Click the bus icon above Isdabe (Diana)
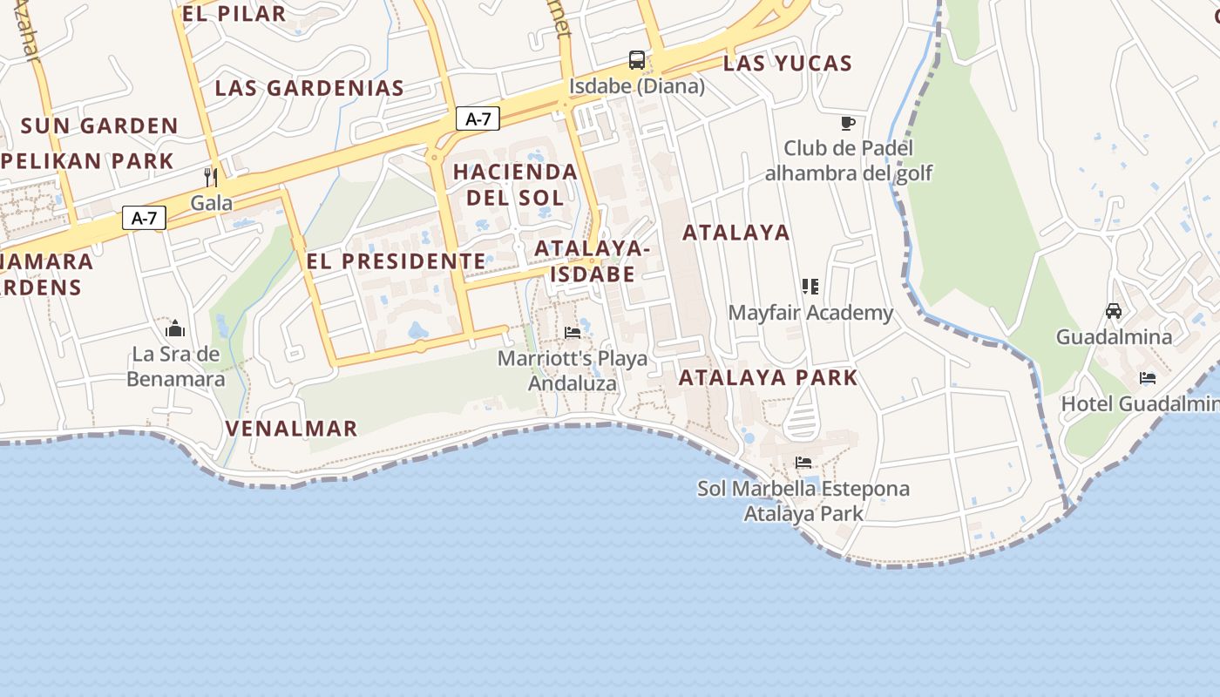637,60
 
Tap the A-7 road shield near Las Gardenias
478,119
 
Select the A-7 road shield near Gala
144,218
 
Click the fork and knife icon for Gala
210,178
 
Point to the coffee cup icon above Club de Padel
848,123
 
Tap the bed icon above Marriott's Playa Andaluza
573,333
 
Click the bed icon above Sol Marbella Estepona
803,463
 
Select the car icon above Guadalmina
1113,311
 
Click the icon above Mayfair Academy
810,287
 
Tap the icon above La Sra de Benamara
175,328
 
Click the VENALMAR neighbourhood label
291,428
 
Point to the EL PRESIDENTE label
396,261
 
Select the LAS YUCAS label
787,63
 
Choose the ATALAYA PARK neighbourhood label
768,377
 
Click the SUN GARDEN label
99,125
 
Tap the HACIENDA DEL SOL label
515,184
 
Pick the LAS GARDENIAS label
309,88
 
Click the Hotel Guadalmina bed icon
1148,378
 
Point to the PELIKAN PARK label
87,161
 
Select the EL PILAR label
234,13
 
